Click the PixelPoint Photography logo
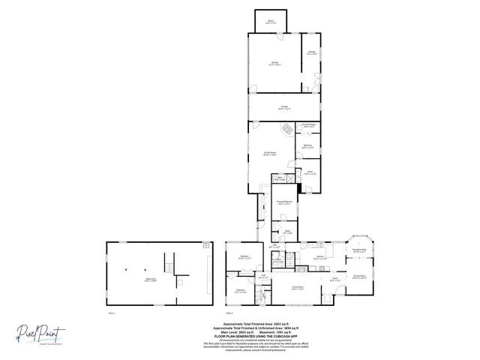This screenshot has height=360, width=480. tap(43, 334)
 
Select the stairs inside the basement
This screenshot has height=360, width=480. tap(171, 263)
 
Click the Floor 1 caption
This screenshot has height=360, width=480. tap(112, 312)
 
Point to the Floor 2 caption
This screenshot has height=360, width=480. tap(229, 312)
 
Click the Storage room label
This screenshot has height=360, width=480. tap(311, 53)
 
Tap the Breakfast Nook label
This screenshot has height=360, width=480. tap(359, 250)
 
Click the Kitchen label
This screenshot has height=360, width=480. tap(320, 257)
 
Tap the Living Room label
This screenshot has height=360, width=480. tap(297, 288)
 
